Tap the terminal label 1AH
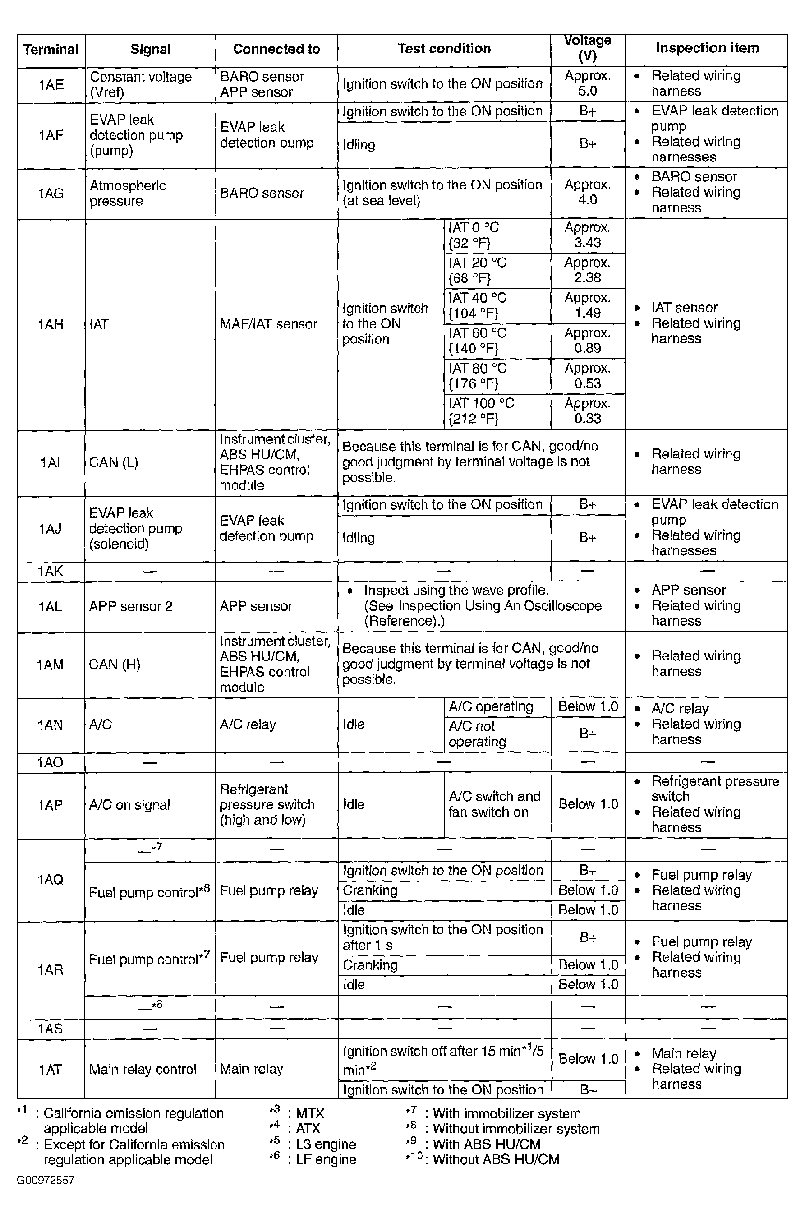51,324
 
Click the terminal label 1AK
51,571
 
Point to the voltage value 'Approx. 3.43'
587,235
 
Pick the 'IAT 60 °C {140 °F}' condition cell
478,341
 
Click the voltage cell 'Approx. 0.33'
587,411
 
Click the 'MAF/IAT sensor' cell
268,324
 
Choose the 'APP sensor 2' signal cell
130,606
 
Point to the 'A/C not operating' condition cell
477,734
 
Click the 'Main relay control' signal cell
143,1069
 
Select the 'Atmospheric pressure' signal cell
128,193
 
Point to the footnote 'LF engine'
326,1159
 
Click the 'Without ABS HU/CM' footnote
496,1159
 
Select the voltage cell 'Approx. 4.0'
587,192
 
